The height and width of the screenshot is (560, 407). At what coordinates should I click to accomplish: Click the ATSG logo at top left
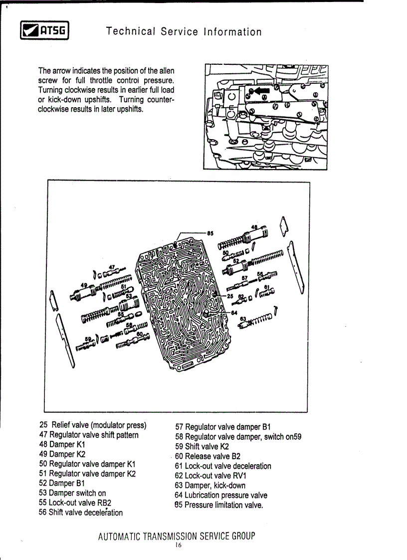(x=43, y=31)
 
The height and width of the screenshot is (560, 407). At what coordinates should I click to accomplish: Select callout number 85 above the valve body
(x=210, y=232)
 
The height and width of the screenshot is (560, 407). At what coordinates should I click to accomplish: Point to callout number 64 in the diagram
(x=234, y=313)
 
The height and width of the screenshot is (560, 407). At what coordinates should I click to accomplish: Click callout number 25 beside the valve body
(x=229, y=296)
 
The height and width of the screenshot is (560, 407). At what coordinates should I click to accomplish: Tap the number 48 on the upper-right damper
(x=254, y=227)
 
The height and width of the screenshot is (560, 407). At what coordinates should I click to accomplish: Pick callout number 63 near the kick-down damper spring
(x=243, y=318)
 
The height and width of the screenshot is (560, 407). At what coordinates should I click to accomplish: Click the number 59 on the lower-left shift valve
(x=88, y=339)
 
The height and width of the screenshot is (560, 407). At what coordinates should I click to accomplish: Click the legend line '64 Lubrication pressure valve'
(x=220, y=495)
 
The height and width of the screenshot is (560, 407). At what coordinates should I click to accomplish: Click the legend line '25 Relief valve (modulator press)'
(x=92, y=425)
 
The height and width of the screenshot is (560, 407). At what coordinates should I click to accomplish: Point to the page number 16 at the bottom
(x=178, y=546)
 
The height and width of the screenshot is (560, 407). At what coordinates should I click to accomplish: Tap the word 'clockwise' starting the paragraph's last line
(x=55, y=109)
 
